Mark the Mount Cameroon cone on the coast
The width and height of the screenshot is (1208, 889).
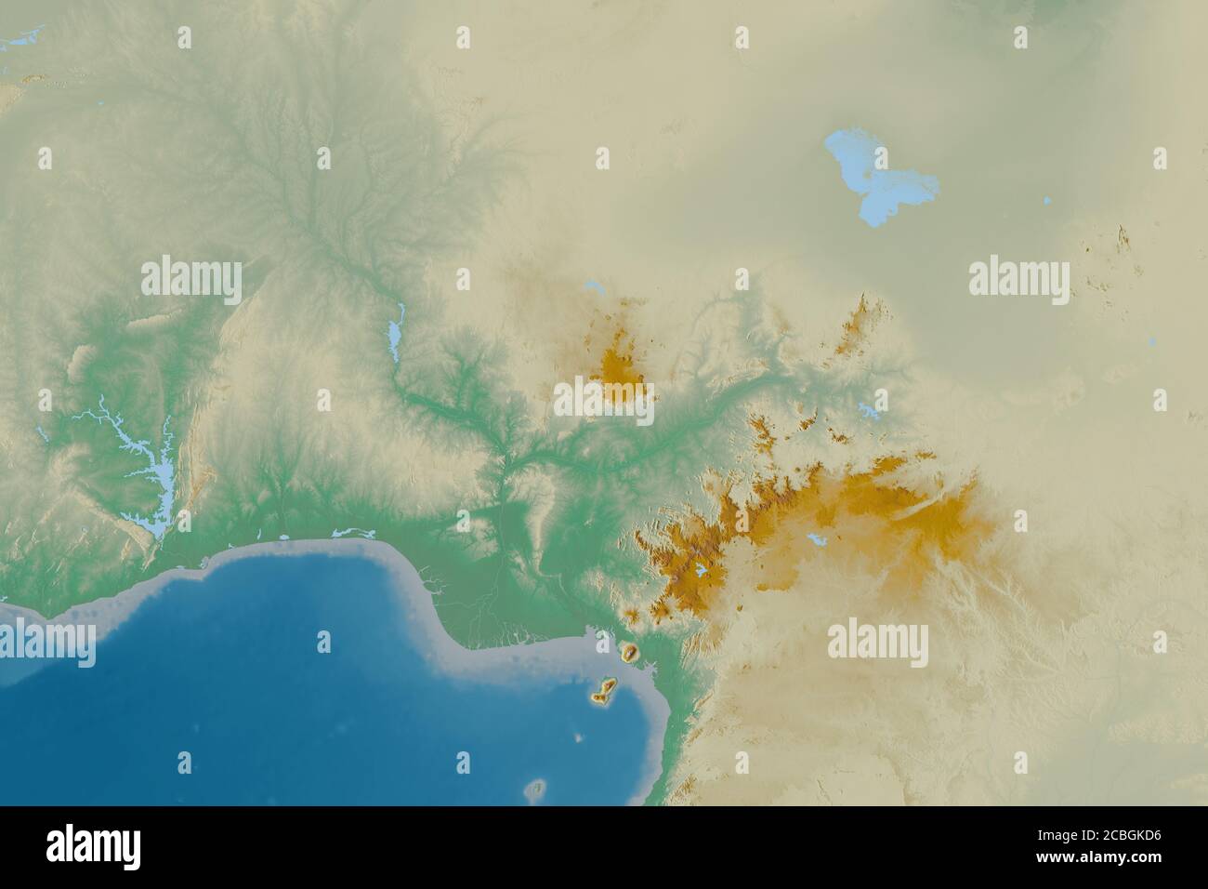coord(631,652)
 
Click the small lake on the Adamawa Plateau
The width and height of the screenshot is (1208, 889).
coord(815,539)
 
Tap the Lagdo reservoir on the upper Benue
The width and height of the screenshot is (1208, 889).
coord(868,408)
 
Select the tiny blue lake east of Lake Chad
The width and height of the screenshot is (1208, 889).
coord(1047,200)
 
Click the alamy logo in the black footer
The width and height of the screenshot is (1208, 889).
coord(94,847)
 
